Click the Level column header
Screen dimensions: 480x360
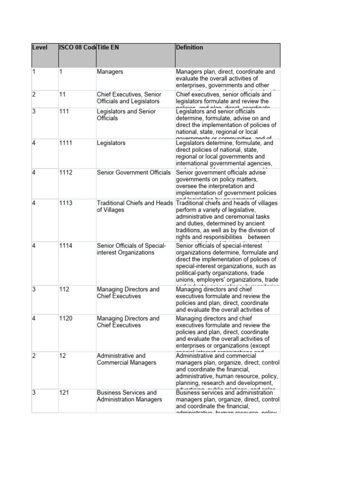click(x=40, y=47)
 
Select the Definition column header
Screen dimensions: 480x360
click(x=190, y=47)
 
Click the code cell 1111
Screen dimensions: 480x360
click(x=66, y=143)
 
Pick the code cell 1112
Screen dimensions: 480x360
click(x=66, y=172)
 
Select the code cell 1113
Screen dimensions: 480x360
click(x=66, y=203)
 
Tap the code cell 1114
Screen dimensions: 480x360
click(x=66, y=246)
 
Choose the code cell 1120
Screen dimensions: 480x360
click(x=66, y=318)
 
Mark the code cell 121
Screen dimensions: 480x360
click(x=64, y=392)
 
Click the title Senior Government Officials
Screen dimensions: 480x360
click(x=134, y=172)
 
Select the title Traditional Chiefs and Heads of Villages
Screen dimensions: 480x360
click(x=135, y=207)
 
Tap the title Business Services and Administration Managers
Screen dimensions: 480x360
click(x=129, y=396)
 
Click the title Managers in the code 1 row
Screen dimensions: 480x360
click(x=109, y=72)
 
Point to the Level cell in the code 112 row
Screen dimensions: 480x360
click(x=34, y=289)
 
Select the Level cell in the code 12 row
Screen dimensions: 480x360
click(x=34, y=356)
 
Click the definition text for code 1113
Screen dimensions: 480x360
click(x=227, y=221)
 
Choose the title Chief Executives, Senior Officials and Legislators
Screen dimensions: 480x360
click(x=129, y=97)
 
